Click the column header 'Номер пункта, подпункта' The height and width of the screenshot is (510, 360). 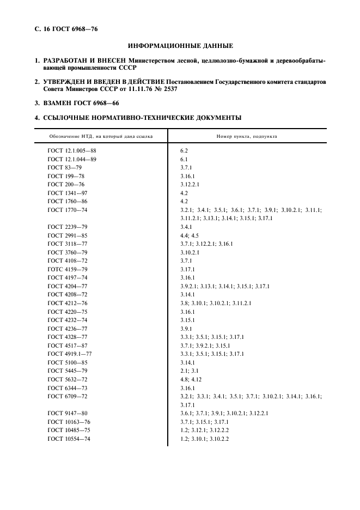tap(246, 136)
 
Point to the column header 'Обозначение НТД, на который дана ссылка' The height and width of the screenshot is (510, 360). tap(101, 136)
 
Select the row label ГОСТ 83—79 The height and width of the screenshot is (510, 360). tap(64, 167)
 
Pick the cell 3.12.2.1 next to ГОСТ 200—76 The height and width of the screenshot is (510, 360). tap(190, 185)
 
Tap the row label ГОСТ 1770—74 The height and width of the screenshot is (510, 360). tap(68, 210)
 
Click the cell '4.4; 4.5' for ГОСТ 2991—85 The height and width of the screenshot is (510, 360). tap(190, 235)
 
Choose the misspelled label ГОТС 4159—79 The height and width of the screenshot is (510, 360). tap(68, 269)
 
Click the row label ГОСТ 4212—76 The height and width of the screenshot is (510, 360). tap(68, 303)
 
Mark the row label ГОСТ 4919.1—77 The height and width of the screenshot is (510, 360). tap(70, 354)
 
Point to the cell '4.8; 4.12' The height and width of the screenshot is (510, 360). tap(190, 380)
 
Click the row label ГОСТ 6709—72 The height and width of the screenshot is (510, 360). tap(68, 397)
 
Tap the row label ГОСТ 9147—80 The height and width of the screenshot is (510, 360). tap(68, 414)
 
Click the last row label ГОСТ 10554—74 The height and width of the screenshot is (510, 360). tap(69, 439)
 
